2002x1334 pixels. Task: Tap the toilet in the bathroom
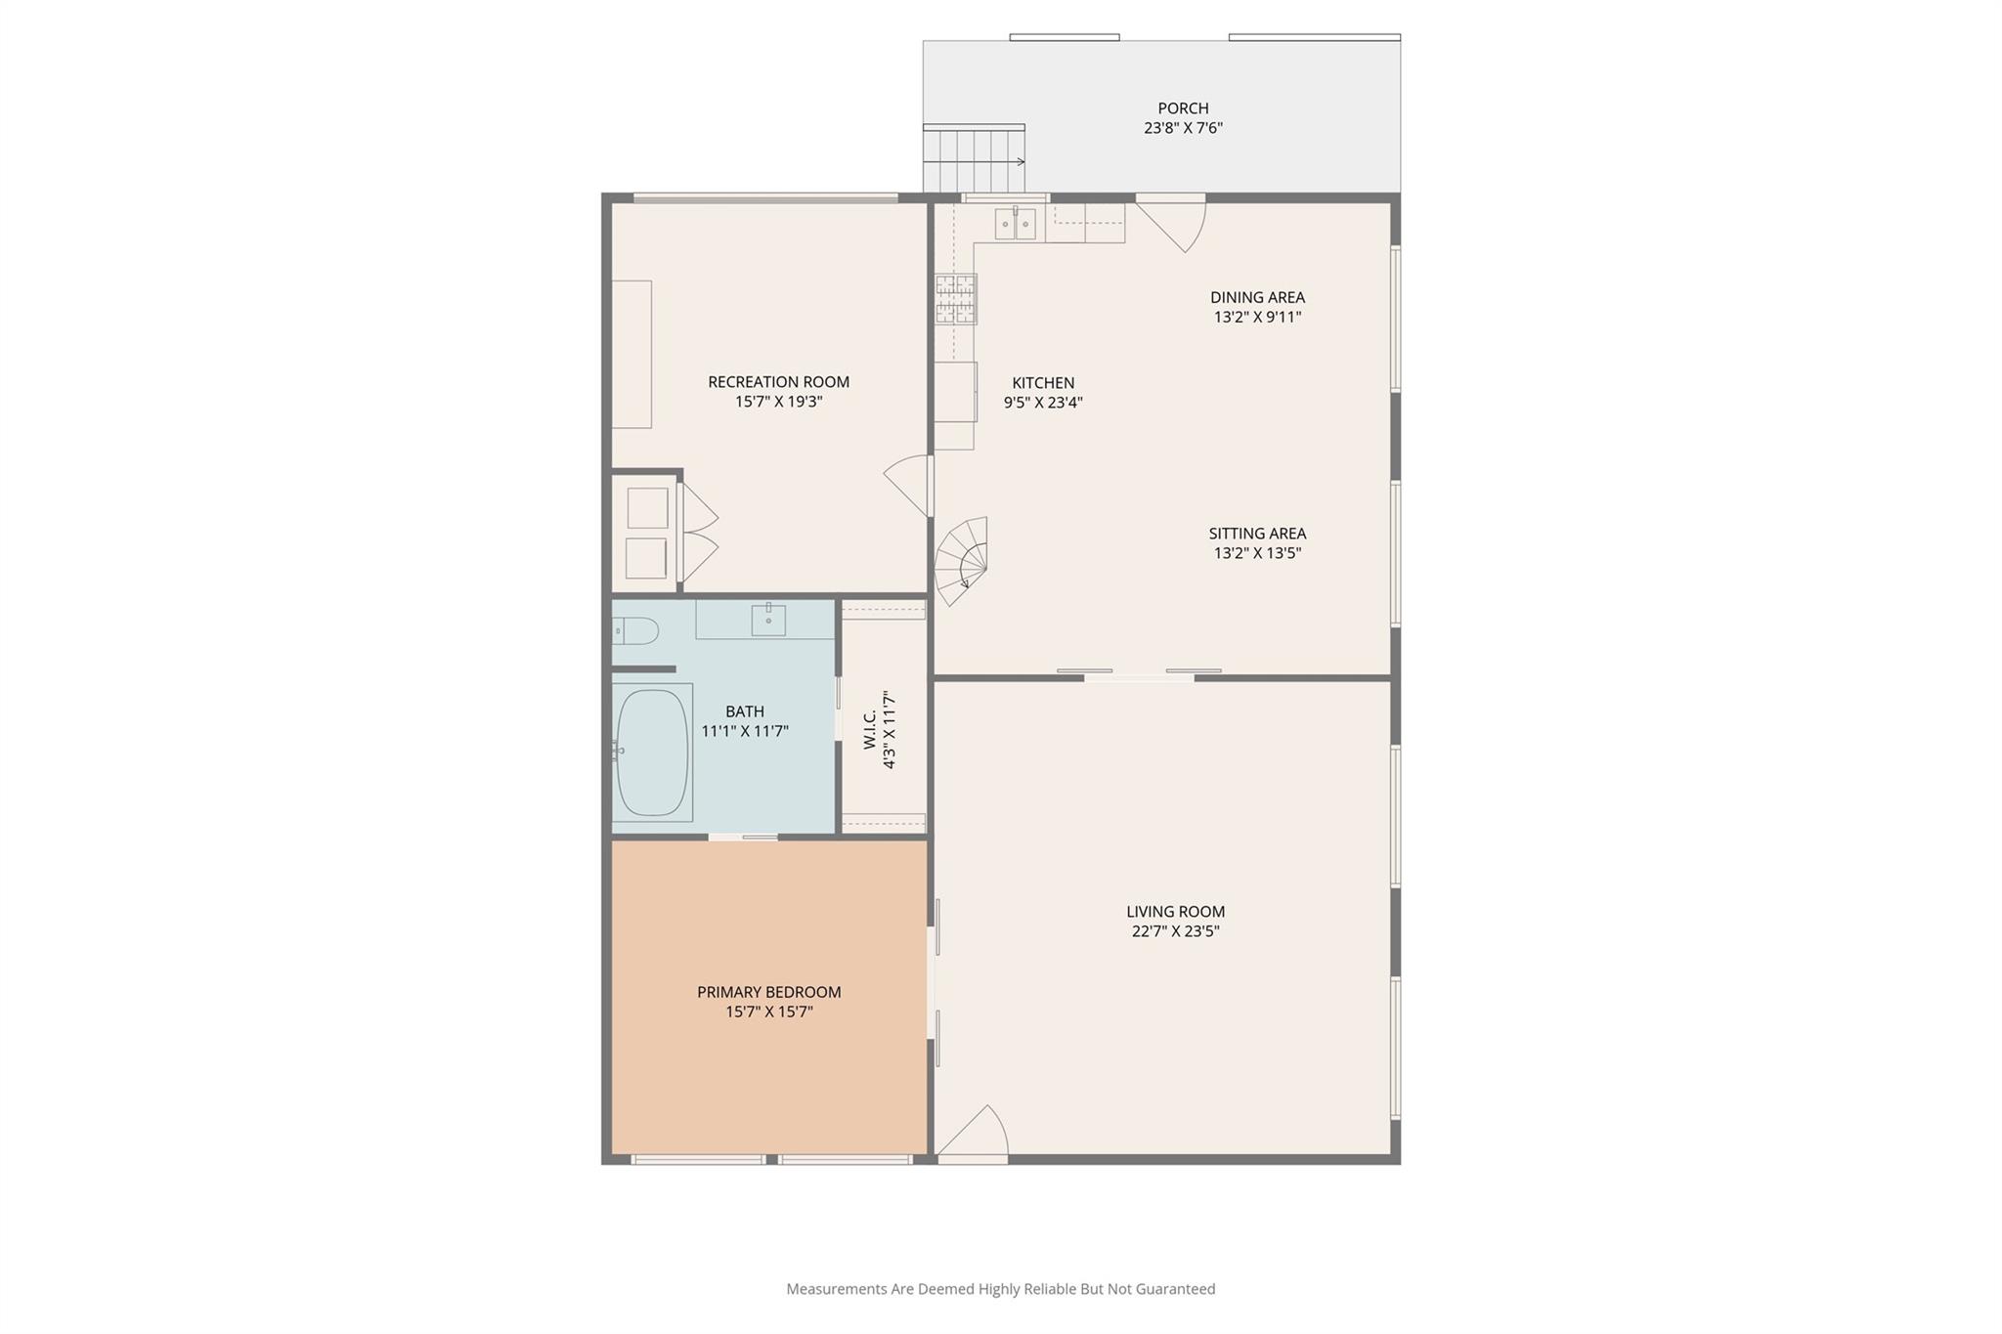tap(634, 630)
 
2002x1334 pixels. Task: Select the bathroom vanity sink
tap(768, 620)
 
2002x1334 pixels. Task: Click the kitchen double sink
tap(1016, 225)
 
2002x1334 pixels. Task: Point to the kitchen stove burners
tap(955, 298)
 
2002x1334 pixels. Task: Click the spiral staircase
tap(961, 561)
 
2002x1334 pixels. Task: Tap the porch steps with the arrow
tap(974, 158)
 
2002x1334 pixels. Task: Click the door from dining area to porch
tap(1170, 223)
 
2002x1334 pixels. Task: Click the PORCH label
tap(1183, 108)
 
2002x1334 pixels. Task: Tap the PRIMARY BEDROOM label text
tap(768, 992)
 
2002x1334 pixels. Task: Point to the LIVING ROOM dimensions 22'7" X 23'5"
tap(1175, 931)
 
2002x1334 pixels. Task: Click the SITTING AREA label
tap(1257, 534)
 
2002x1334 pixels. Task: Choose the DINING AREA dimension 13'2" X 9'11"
tap(1257, 317)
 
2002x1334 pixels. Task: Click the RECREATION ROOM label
tap(778, 382)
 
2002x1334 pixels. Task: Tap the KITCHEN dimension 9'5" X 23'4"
tap(1043, 403)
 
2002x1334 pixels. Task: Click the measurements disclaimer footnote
tap(1001, 1289)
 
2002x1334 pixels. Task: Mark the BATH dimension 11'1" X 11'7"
tap(745, 731)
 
